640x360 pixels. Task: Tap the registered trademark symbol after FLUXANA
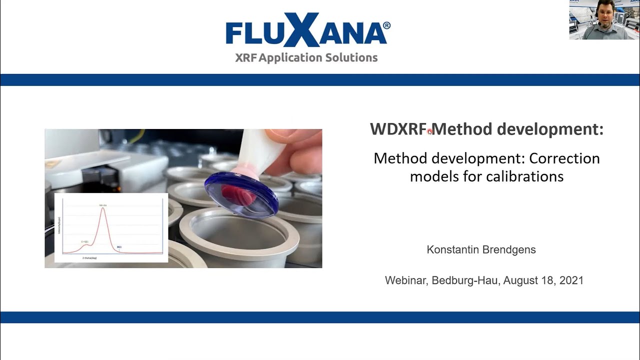[x=386, y=25]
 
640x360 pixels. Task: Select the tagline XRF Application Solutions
[x=306, y=57]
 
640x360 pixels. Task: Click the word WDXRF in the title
[x=398, y=129]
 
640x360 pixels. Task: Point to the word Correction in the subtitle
[x=564, y=158]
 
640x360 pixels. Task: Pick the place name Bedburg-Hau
[x=465, y=280]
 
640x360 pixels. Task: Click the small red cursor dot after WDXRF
[x=429, y=132]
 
